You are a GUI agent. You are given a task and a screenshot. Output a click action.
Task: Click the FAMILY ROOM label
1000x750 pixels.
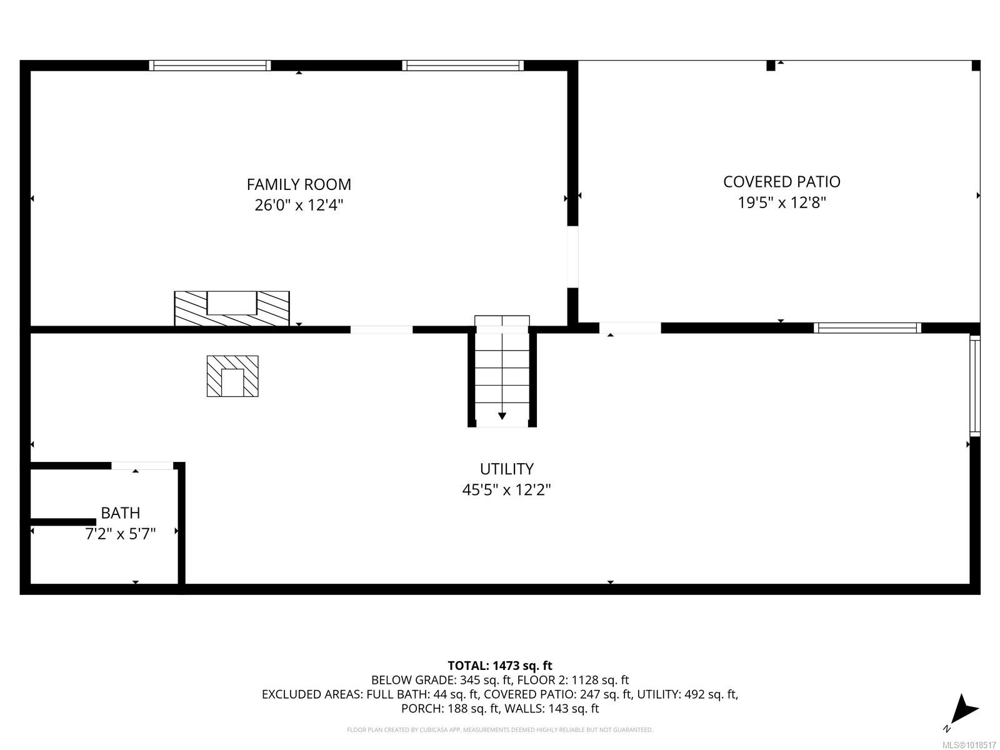[299, 184]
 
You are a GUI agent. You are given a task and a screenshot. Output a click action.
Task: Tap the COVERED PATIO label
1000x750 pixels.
[781, 182]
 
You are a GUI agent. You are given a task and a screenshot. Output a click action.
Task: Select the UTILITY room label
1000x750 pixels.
[506, 469]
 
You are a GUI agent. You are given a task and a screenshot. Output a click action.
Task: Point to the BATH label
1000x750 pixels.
[121, 513]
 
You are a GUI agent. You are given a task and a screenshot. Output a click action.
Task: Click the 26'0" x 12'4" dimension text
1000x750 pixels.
[299, 205]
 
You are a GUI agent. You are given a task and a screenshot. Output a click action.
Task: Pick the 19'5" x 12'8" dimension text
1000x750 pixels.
[781, 202]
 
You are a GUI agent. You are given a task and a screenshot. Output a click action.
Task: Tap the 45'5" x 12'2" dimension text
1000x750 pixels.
[506, 489]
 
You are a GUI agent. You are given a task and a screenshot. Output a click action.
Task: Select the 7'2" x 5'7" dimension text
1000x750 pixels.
[121, 534]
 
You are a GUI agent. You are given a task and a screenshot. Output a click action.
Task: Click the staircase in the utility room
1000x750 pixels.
[502, 375]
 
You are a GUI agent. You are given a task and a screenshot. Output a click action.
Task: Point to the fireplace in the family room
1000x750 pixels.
[231, 307]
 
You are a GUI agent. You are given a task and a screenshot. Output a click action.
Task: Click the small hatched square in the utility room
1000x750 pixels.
[232, 376]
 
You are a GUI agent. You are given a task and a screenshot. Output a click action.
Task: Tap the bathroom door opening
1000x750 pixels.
[142, 465]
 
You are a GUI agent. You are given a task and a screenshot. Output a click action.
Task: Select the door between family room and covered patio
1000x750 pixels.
[572, 256]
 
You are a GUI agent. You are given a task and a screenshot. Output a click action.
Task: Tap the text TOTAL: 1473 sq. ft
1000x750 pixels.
[500, 666]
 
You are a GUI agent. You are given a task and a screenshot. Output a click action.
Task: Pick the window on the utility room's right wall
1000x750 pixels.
[975, 385]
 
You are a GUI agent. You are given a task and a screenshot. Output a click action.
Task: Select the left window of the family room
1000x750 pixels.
[210, 65]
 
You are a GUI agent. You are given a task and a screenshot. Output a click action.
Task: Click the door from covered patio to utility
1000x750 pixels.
[630, 327]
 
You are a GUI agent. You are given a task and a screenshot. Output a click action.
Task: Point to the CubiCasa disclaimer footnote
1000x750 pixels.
[500, 730]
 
